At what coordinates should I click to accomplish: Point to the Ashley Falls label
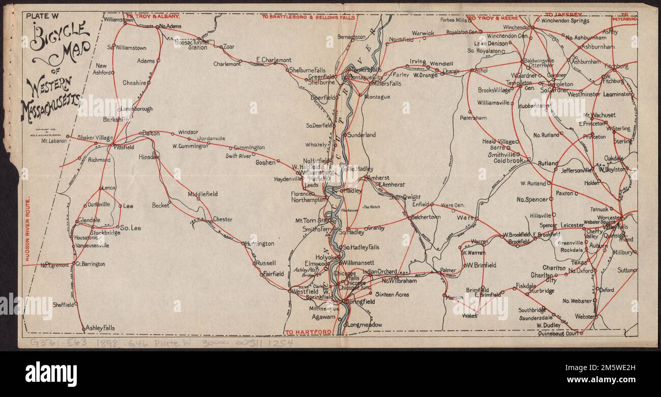(100, 328)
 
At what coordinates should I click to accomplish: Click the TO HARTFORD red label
(308, 332)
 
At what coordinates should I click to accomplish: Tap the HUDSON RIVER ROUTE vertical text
(27, 228)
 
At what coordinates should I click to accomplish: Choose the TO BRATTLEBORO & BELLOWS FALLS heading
(308, 17)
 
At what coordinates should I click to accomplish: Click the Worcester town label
(609, 217)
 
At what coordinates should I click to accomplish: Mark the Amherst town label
(379, 178)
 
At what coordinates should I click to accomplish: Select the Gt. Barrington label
(90, 264)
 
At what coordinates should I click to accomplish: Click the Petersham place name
(473, 117)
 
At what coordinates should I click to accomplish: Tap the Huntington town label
(260, 243)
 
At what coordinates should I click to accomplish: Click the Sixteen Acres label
(392, 294)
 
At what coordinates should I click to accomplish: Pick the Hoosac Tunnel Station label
(191, 45)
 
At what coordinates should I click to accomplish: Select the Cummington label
(249, 147)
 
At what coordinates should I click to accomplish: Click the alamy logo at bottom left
(51, 374)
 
